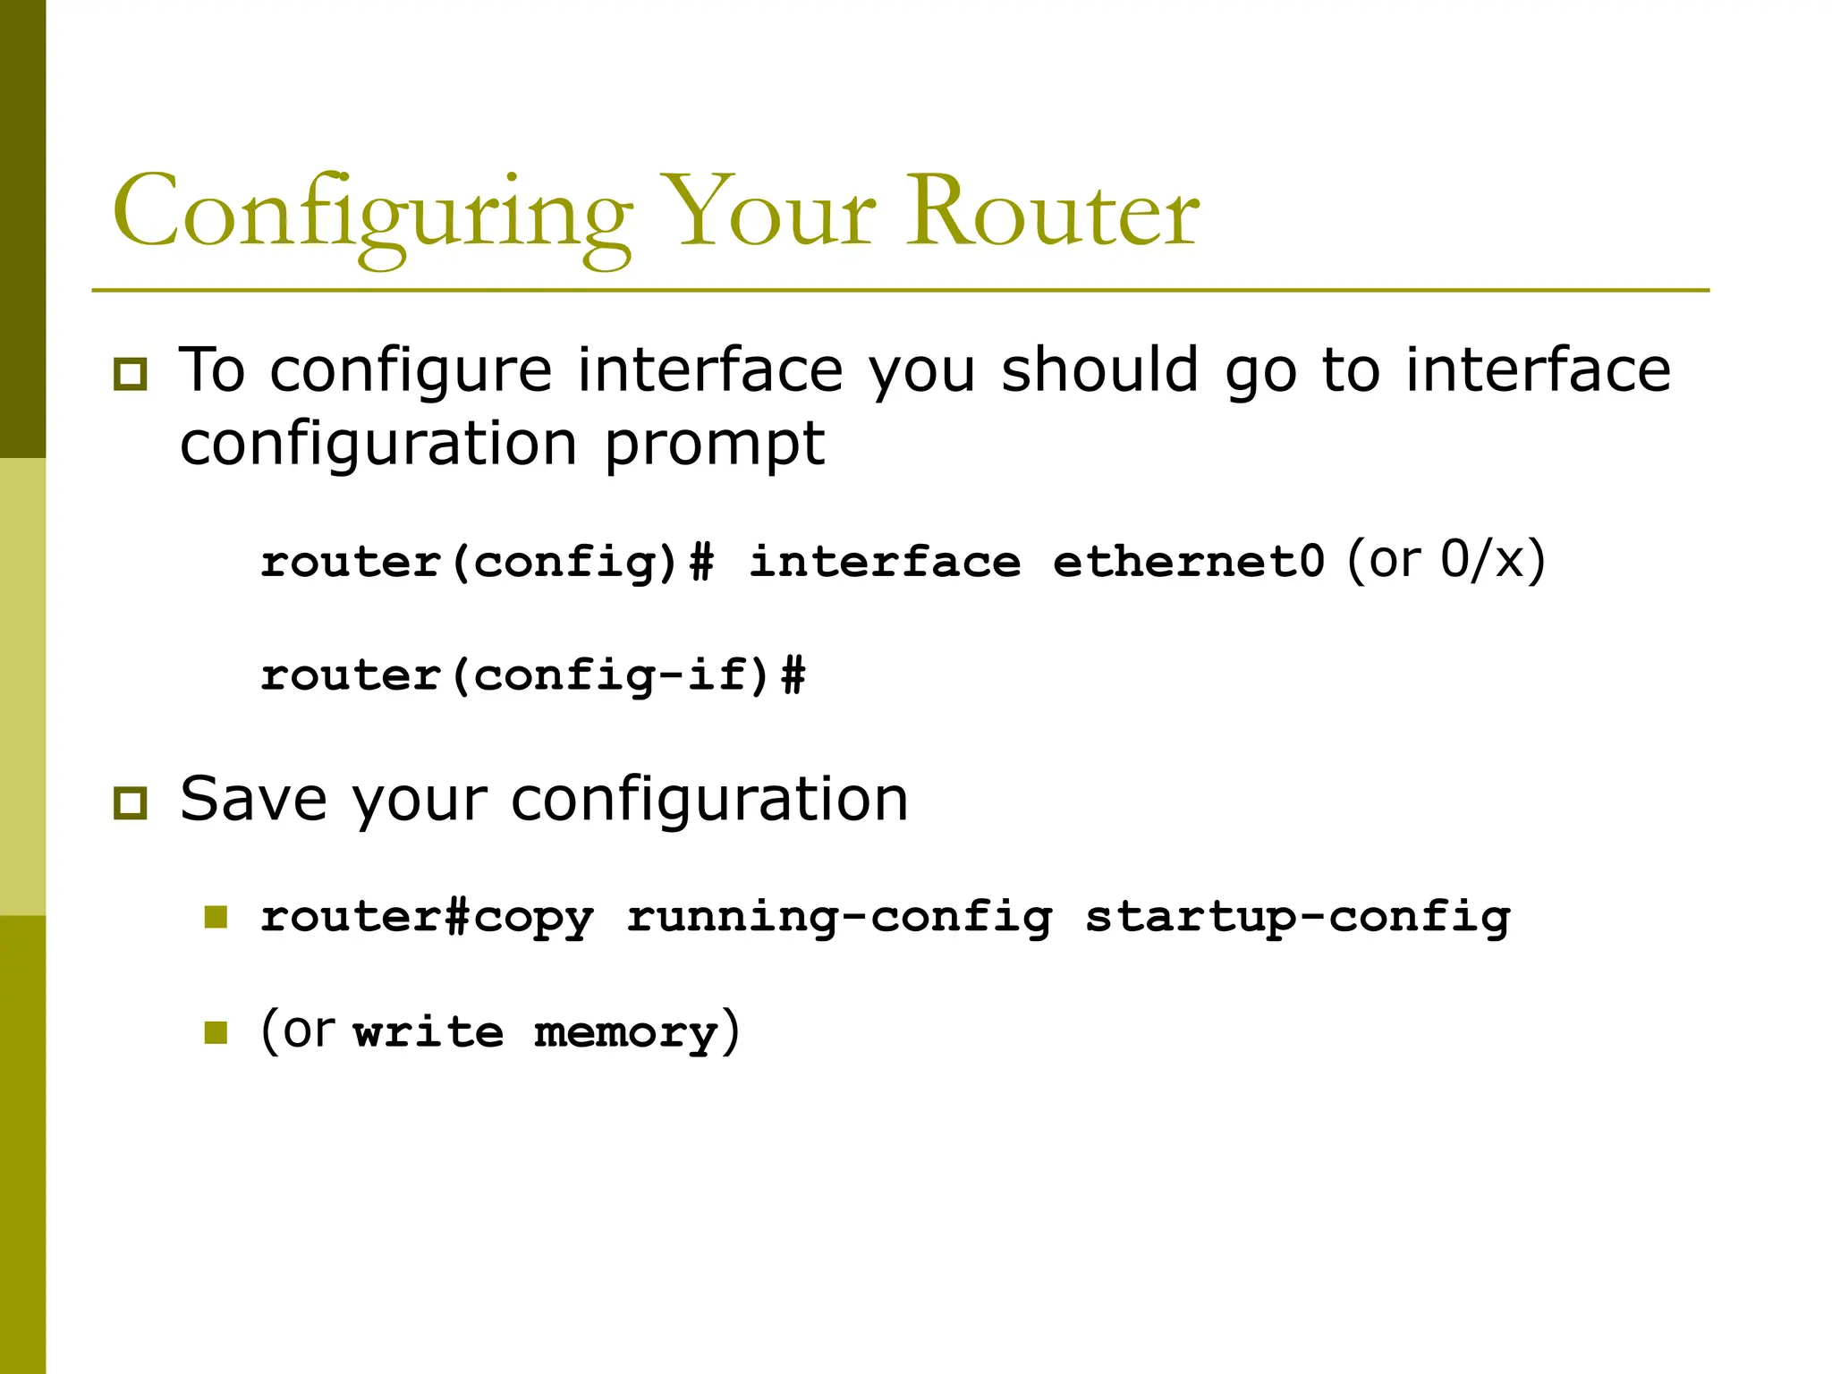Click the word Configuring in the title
click(371, 215)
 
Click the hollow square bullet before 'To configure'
click(131, 374)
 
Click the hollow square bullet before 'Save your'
click(131, 802)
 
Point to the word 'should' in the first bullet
click(1099, 369)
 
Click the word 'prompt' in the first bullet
click(714, 445)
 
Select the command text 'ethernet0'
click(1188, 563)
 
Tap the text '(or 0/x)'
click(1446, 560)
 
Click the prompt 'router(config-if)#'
click(533, 674)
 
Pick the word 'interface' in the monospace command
click(884, 563)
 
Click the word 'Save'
click(253, 798)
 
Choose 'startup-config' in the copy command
click(1297, 918)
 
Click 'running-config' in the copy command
click(839, 918)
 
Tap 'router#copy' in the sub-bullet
click(427, 918)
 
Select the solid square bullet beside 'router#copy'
click(216, 917)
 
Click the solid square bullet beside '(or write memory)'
click(216, 1033)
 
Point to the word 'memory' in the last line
click(626, 1033)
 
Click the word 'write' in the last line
click(428, 1033)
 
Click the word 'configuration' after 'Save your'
click(709, 798)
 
